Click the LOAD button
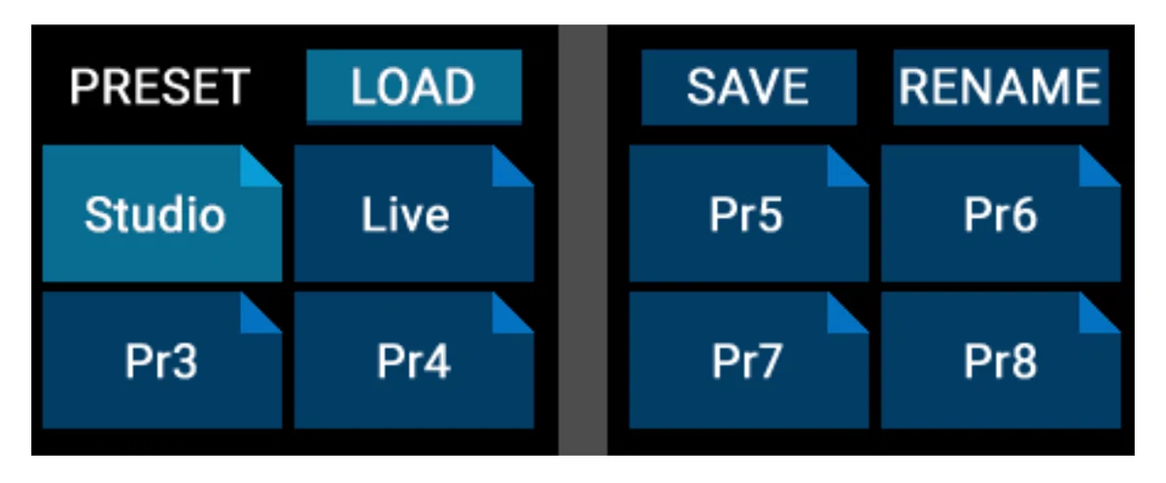[x=414, y=86]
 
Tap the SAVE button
[x=748, y=86]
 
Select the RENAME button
[x=1001, y=86]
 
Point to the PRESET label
[x=159, y=86]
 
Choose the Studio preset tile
[x=162, y=214]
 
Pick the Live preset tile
[x=414, y=214]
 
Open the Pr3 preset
[x=162, y=361]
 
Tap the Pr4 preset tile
[x=414, y=361]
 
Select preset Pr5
[x=748, y=214]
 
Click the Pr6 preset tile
[x=1001, y=214]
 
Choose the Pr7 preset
[x=748, y=361]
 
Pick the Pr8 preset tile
[x=1001, y=361]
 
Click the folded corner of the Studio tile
[x=255, y=172]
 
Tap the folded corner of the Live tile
[x=507, y=172]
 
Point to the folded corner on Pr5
[x=841, y=172]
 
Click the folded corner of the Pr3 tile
[x=255, y=319]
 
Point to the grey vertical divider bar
[x=582, y=240]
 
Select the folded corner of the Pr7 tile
[x=841, y=319]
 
